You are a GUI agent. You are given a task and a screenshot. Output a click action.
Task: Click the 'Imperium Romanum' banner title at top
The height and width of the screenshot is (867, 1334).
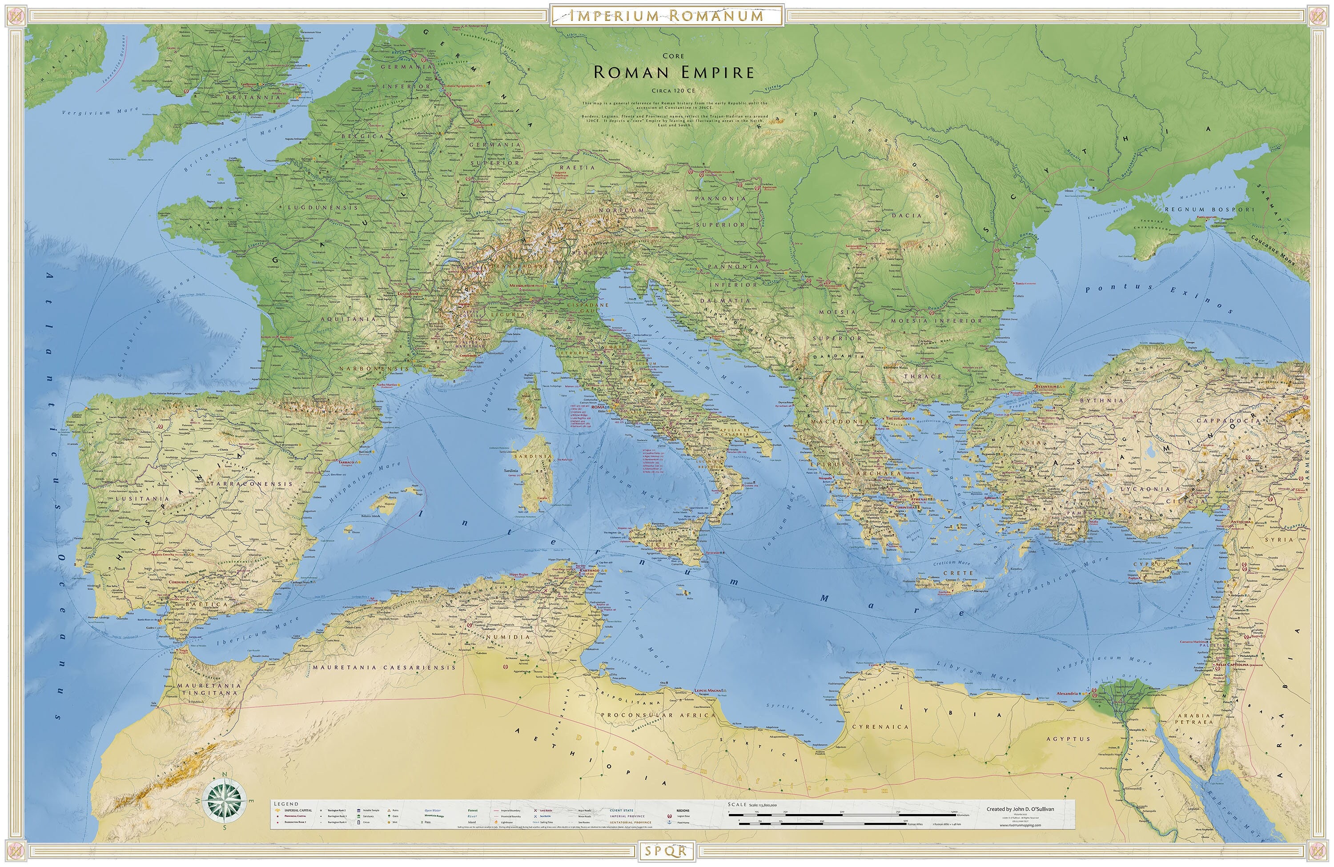coord(667,15)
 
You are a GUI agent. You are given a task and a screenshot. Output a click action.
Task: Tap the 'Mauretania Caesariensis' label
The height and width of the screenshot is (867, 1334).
coord(384,667)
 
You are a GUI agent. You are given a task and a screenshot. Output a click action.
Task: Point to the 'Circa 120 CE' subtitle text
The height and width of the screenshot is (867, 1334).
coord(674,90)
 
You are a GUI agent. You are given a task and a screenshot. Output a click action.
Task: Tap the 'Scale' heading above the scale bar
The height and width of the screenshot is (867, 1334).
coord(737,805)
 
